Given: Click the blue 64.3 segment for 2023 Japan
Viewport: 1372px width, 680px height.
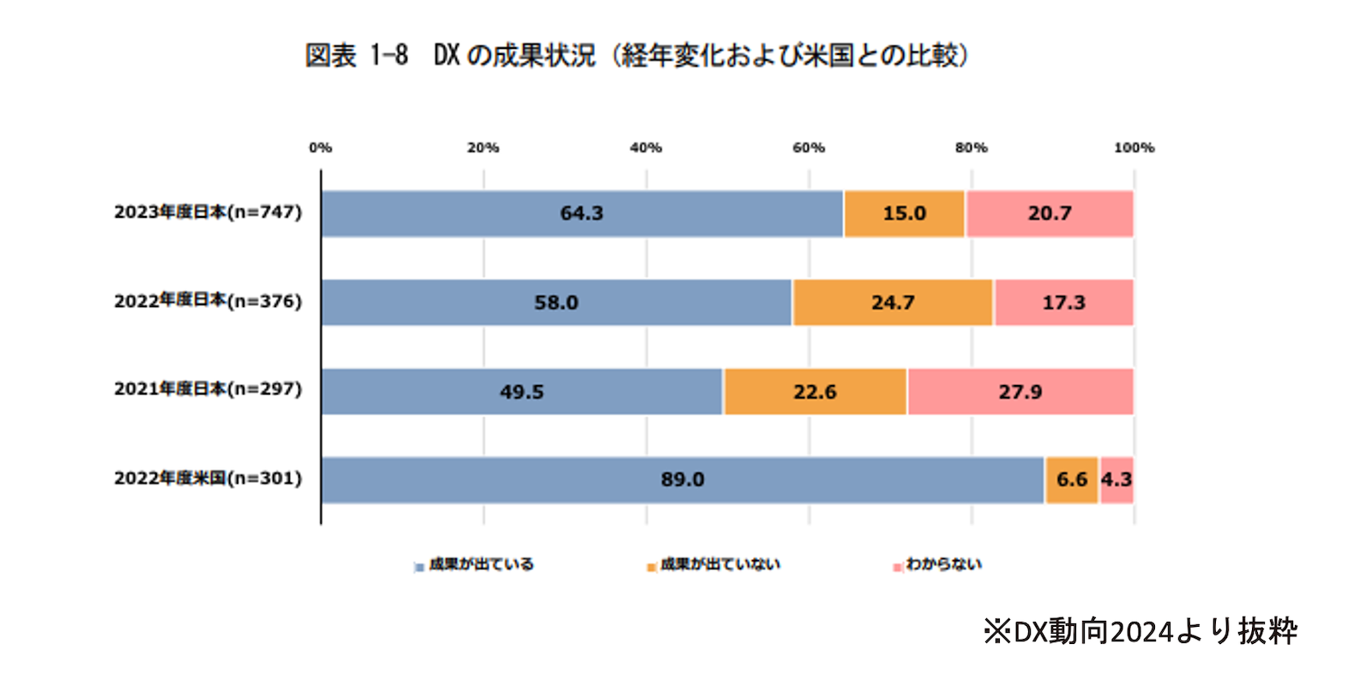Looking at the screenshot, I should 581,214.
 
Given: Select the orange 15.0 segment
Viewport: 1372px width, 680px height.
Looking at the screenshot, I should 904,214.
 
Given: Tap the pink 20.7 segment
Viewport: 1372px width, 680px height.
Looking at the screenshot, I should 1050,214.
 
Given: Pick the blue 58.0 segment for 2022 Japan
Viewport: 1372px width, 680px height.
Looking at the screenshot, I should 556,303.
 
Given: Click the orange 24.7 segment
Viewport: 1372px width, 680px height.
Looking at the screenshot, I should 893,303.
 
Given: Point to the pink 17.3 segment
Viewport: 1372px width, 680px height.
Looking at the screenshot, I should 1063,303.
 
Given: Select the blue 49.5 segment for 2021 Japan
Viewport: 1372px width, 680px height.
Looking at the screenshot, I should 521,392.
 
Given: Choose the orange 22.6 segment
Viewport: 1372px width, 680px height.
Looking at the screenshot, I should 815,392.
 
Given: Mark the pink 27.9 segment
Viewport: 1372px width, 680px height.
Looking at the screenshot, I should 1020,392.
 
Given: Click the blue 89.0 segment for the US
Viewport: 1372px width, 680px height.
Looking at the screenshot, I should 682,480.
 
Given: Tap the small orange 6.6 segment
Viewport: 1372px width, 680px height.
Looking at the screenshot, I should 1071,480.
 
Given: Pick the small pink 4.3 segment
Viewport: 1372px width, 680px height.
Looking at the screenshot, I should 1116,480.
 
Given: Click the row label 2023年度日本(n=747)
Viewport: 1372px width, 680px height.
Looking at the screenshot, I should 208,213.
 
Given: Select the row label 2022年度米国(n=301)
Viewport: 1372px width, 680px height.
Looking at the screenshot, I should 208,478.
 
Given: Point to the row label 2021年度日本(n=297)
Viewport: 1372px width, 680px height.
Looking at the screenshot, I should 208,389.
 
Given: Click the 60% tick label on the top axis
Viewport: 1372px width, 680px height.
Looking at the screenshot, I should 809,148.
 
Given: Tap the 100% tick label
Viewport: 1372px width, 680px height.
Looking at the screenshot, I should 1134,148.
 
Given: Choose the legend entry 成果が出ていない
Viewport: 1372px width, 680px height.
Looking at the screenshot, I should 719,564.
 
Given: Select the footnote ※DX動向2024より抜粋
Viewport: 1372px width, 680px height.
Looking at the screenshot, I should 1140,632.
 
